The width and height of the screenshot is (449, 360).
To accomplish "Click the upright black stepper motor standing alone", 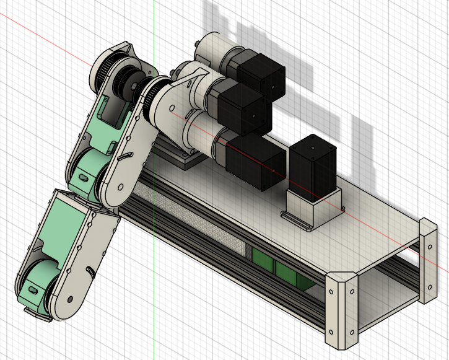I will [312, 165].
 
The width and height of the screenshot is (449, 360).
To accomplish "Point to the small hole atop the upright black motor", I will [312, 148].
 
